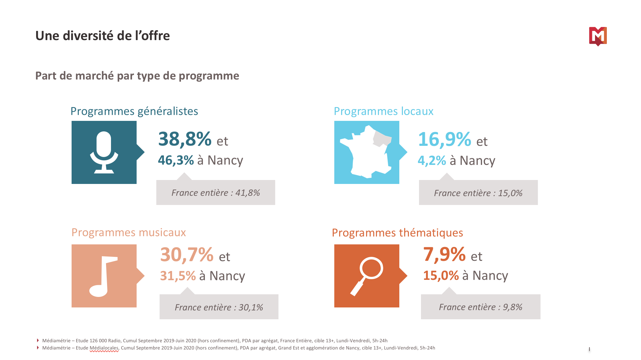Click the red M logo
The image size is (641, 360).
(x=598, y=36)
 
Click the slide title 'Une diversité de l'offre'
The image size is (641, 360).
(x=102, y=36)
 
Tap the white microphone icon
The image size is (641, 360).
(x=104, y=152)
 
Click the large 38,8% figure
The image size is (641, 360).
(x=185, y=139)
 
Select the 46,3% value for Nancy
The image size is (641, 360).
(x=176, y=160)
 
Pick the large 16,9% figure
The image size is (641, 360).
(x=445, y=139)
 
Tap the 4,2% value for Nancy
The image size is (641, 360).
(x=431, y=161)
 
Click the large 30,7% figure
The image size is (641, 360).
(x=187, y=255)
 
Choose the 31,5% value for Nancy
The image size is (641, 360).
(x=178, y=276)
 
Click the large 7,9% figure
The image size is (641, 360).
(x=444, y=254)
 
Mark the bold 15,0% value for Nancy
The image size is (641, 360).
(x=441, y=276)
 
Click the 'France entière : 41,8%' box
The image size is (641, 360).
(x=216, y=193)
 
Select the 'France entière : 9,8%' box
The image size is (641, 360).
(x=480, y=307)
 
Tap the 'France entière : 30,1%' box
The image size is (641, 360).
(x=219, y=307)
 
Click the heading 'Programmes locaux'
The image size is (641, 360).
(x=384, y=111)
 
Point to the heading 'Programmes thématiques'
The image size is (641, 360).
(x=397, y=233)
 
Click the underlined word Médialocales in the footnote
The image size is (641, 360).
(x=104, y=348)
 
